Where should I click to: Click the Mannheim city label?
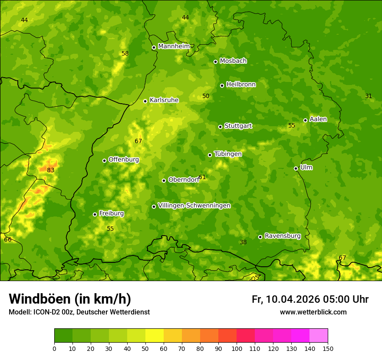[x=174, y=46]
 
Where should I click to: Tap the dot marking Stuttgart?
[x=220, y=127]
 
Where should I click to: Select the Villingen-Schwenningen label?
[x=194, y=206]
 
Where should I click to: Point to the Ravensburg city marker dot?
[x=260, y=237]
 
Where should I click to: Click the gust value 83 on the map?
[x=51, y=170]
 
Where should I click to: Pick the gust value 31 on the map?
[x=369, y=96]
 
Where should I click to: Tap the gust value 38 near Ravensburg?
[x=243, y=242]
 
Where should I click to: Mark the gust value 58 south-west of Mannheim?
[x=125, y=54]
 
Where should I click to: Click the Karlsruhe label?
[x=164, y=100]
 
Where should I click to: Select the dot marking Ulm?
[x=296, y=168]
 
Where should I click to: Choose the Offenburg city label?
[x=124, y=160]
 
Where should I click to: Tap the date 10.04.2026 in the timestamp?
[x=293, y=299]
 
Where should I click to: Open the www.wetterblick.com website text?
[x=313, y=312]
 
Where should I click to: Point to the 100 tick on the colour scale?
[x=237, y=348]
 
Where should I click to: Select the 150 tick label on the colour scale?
[x=328, y=348]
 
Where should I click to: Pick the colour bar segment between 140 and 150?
[x=319, y=336]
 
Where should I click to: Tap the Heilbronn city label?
[x=241, y=85]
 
